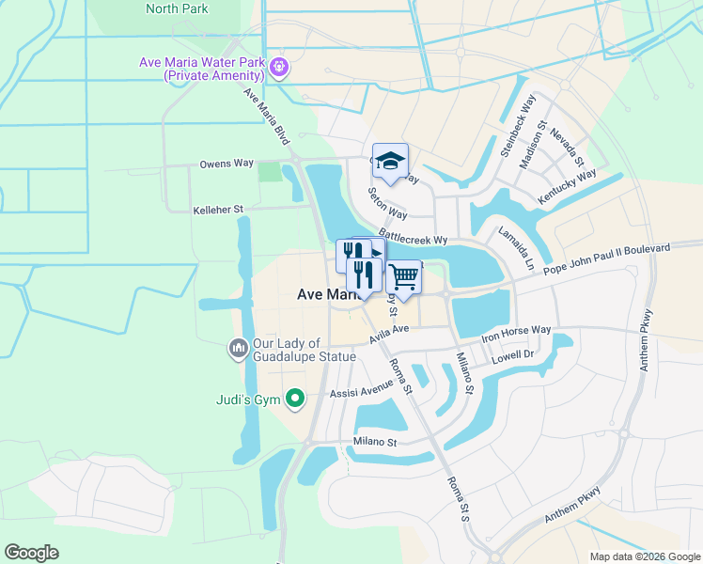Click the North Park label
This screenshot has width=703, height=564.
178,8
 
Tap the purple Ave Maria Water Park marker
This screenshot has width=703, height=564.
280,67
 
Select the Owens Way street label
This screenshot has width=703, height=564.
227,164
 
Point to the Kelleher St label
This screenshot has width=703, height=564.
218,210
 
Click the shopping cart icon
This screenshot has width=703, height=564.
403,276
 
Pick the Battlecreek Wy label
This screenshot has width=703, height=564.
413,235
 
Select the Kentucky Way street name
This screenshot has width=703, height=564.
567,188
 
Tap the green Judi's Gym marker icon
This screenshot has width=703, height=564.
295,399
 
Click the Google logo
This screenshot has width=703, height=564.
32,553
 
